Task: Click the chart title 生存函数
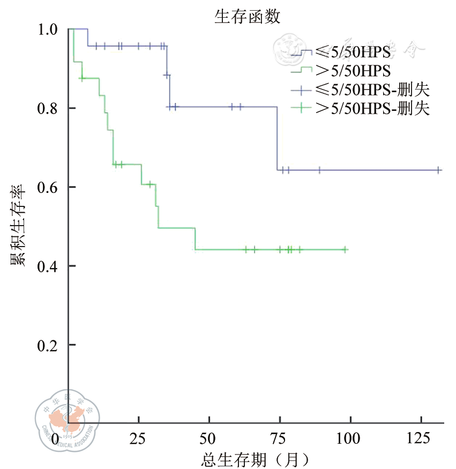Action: pos(247,17)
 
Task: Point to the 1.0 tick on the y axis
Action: pos(49,29)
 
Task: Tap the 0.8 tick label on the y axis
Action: pos(49,108)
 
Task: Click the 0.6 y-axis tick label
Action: pos(49,187)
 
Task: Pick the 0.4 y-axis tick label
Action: pos(49,266)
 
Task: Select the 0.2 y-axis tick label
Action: pos(49,345)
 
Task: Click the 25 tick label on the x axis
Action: pos(138,439)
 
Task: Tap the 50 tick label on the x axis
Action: pos(209,439)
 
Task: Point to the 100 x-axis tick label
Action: pos(350,439)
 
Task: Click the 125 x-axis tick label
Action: pos(421,439)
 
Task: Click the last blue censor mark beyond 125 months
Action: pos(438,170)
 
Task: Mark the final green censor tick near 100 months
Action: pos(345,249)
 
